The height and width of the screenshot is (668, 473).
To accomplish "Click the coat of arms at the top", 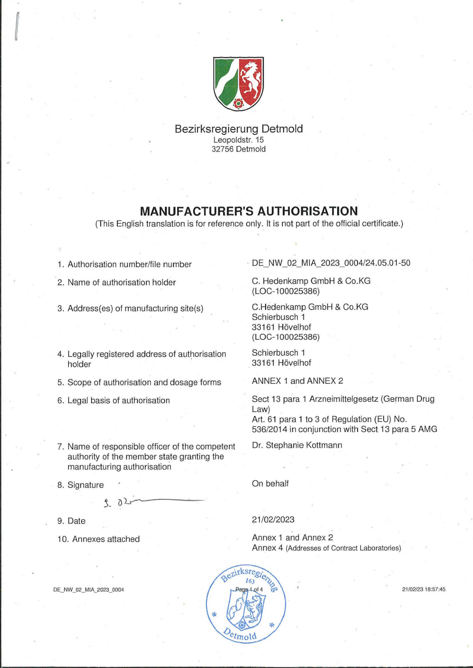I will (x=238, y=84).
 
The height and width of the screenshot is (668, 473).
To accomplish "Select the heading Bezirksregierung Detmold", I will (x=238, y=129).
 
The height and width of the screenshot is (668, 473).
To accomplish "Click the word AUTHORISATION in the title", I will (x=308, y=211).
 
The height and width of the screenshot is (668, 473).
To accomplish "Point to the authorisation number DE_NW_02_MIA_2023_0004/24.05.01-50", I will (x=331, y=263).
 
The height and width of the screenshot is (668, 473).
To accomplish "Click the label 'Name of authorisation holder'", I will (x=122, y=283).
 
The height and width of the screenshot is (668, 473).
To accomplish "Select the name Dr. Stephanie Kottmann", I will (x=297, y=445).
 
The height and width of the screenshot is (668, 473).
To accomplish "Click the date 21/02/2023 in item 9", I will (x=273, y=519).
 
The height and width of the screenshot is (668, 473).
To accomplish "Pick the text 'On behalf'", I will (x=270, y=484).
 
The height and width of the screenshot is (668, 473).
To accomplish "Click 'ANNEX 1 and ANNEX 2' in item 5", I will (x=298, y=381).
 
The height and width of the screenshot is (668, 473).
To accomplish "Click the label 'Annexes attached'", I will (x=106, y=539).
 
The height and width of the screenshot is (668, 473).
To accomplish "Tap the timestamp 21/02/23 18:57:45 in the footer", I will (x=423, y=589).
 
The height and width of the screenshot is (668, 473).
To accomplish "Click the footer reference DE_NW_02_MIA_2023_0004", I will (x=89, y=590).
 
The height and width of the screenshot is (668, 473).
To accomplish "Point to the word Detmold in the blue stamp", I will (x=241, y=635).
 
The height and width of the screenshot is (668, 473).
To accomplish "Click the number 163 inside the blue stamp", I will (x=250, y=581).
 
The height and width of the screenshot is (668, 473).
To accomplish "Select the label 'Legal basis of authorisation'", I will (x=118, y=400).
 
